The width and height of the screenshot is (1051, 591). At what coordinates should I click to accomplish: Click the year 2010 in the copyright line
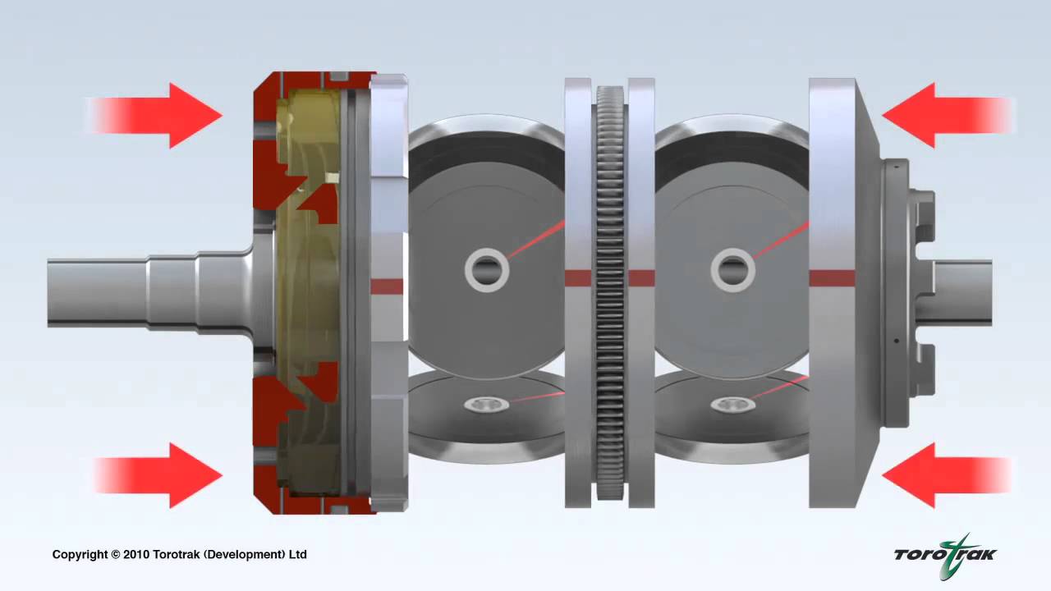(139, 555)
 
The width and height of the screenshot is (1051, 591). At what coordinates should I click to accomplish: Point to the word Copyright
(80, 555)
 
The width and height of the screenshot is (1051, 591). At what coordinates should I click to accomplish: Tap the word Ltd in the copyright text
(297, 555)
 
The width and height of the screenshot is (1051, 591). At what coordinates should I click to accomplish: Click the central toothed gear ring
(609, 291)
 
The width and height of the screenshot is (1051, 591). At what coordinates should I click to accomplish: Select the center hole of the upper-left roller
(486, 268)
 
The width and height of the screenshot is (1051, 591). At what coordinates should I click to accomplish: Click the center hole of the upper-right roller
(732, 268)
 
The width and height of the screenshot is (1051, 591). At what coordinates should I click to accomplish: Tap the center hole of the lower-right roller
(732, 404)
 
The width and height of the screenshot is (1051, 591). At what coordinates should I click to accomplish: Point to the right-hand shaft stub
(965, 291)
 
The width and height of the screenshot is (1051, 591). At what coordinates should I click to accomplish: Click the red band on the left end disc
(387, 286)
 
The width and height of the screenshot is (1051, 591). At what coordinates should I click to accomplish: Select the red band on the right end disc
(832, 278)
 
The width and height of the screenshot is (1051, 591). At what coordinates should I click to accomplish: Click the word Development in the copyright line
(247, 555)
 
